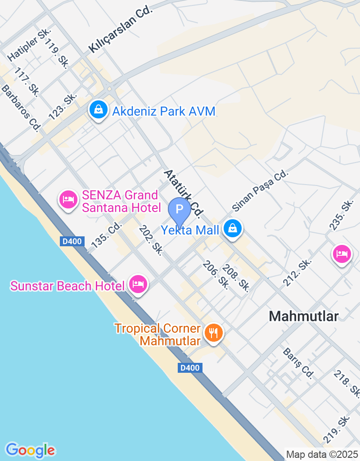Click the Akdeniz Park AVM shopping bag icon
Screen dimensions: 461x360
(x=98, y=110)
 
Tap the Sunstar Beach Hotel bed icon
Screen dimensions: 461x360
(x=138, y=284)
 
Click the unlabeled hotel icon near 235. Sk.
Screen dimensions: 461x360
(x=342, y=253)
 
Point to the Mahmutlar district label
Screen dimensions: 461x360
(x=303, y=316)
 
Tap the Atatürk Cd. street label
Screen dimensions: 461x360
(x=184, y=193)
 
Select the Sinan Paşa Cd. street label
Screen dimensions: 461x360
(x=260, y=190)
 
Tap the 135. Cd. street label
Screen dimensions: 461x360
(x=107, y=235)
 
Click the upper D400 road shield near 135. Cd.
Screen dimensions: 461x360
(x=72, y=241)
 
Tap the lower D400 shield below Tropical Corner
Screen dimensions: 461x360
(x=189, y=368)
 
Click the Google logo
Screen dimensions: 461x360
(x=31, y=450)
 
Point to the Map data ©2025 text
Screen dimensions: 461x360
(x=322, y=454)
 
